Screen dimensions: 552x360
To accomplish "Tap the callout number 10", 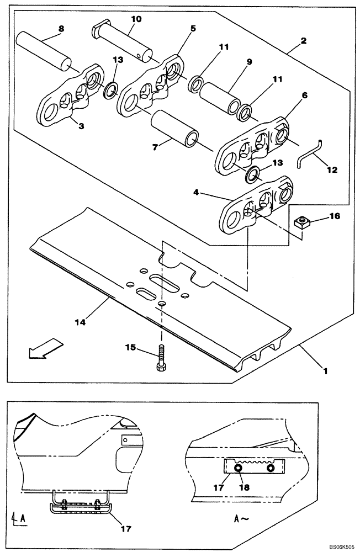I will click(x=136, y=19).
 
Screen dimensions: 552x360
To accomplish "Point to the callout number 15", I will click(x=130, y=347).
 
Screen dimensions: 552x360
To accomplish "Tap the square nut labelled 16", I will click(x=302, y=222).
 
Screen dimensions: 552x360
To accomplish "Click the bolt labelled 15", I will click(x=161, y=359).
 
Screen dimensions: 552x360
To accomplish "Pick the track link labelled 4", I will click(x=255, y=208).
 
